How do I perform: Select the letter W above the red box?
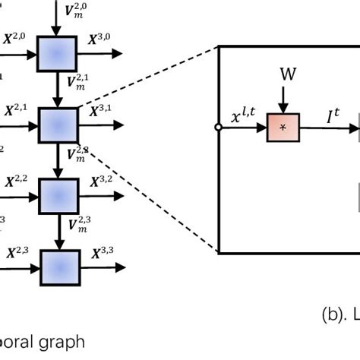(288, 74)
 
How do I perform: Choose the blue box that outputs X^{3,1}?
(58, 125)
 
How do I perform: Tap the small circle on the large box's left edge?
(219, 128)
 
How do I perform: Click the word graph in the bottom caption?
(65, 342)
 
